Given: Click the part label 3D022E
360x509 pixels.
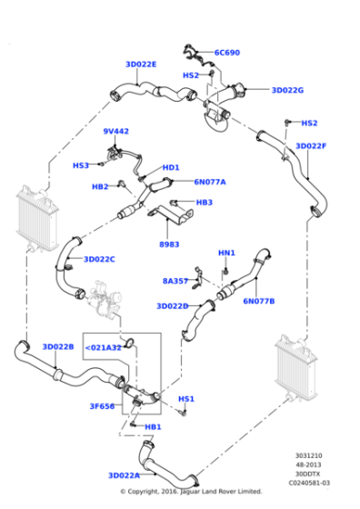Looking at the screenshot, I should click(x=141, y=65).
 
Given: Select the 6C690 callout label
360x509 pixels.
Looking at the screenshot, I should click(x=227, y=53).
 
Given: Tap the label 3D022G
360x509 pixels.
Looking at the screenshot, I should click(x=287, y=90).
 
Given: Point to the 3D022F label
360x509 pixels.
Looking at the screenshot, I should click(x=311, y=145).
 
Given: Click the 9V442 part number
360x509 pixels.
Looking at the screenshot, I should click(x=115, y=132).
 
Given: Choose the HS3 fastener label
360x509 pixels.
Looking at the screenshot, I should click(x=82, y=165).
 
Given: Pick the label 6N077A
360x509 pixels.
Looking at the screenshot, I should click(x=209, y=182).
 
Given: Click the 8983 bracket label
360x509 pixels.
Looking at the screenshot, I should click(x=170, y=245).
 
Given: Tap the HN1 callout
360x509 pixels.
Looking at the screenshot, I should click(x=226, y=253).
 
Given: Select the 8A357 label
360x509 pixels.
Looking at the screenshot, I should click(x=176, y=281).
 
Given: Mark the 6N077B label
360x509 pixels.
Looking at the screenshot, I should click(x=259, y=301).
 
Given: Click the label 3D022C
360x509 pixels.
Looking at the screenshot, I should click(x=99, y=259).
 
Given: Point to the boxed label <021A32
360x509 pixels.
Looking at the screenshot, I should click(x=104, y=347).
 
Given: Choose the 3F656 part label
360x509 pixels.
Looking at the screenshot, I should click(x=101, y=406).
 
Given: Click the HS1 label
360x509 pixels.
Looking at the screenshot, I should click(x=186, y=398).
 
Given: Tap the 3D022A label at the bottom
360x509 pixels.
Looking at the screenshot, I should click(x=124, y=475).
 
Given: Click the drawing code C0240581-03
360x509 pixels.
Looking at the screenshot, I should click(x=312, y=483).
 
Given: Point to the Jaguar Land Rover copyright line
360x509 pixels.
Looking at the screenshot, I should click(x=191, y=492).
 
